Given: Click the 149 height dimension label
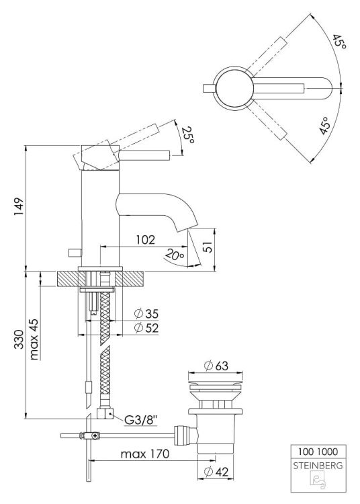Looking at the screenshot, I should click(x=18, y=207).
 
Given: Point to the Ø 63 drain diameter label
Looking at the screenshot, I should click(x=218, y=366).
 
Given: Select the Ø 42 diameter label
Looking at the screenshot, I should click(x=218, y=471).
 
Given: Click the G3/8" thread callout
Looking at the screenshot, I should click(x=141, y=421).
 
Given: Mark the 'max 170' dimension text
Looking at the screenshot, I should click(x=145, y=454).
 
